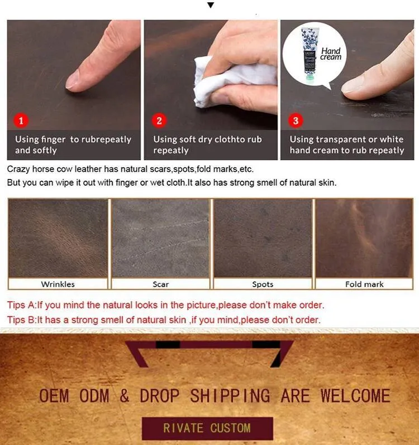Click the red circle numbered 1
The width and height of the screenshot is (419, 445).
tap(21, 120)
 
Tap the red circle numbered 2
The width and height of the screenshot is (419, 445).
tap(159, 120)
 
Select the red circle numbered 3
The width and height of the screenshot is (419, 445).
tap(296, 120)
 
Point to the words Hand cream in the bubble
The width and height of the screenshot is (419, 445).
tap(331, 54)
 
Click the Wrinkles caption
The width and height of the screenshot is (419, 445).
tap(58, 284)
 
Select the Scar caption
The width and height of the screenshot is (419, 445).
tap(160, 284)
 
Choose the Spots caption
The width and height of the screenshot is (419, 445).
tap(263, 284)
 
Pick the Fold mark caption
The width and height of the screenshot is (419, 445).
tap(364, 284)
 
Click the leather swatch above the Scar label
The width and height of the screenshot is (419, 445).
tap(160, 238)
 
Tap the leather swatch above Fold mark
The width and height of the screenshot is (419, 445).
tap(364, 238)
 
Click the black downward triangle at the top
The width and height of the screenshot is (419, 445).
tap(211, 5)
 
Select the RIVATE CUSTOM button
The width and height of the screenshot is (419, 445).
tap(207, 428)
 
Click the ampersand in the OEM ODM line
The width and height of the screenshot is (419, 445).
tap(124, 395)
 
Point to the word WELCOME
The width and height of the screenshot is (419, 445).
tap(355, 395)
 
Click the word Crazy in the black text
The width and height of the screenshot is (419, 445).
tap(18, 170)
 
